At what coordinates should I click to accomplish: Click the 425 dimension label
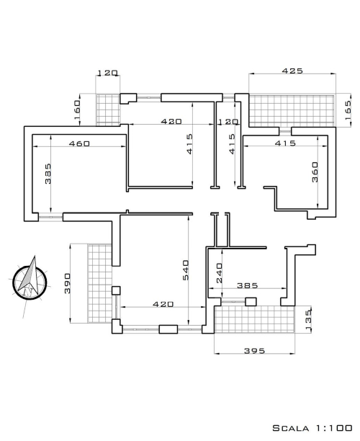[x=292, y=71]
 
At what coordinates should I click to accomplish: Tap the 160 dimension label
[x=77, y=110]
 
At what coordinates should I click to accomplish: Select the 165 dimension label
[x=348, y=110]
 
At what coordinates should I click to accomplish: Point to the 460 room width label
[x=79, y=143]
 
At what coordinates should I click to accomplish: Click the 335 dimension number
[x=48, y=174]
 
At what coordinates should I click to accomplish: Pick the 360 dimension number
[x=315, y=171]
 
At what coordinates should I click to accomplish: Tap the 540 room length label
[x=186, y=270]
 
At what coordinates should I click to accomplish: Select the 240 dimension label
[x=219, y=273]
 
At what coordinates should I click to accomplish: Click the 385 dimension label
[x=247, y=286]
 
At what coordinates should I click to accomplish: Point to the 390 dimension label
[x=68, y=283]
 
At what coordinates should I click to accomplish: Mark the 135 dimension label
[x=308, y=320]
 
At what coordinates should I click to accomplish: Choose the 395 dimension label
[x=254, y=351]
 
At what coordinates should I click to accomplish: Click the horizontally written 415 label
[x=285, y=143]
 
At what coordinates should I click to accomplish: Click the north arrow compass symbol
[x=29, y=281]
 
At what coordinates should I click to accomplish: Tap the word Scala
[x=291, y=428]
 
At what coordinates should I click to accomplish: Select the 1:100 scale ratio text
[x=334, y=428]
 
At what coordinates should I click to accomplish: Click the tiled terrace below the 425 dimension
[x=292, y=110]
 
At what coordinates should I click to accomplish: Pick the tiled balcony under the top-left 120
[x=108, y=110]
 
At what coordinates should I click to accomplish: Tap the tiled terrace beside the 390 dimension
[x=100, y=283]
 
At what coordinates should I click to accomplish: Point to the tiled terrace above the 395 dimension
[x=254, y=319]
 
